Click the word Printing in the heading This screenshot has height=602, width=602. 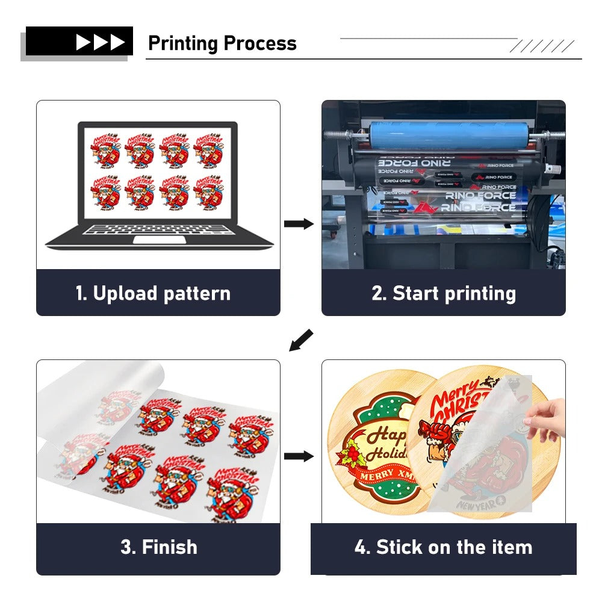(183, 44)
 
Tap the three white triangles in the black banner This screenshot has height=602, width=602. (100, 42)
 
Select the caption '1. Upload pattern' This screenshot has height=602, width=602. (153, 294)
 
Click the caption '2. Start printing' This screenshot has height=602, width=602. (444, 294)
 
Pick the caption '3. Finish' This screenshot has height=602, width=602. (158, 547)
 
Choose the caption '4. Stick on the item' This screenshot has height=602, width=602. (444, 547)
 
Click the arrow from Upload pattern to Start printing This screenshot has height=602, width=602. (299, 224)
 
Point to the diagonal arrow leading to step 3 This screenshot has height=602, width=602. (301, 340)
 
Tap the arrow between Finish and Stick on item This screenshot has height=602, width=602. (299, 456)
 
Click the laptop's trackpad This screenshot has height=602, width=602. (159, 240)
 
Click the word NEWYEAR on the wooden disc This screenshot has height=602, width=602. (479, 504)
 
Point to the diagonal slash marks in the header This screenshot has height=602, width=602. (542, 46)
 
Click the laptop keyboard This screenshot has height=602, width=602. (158, 229)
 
